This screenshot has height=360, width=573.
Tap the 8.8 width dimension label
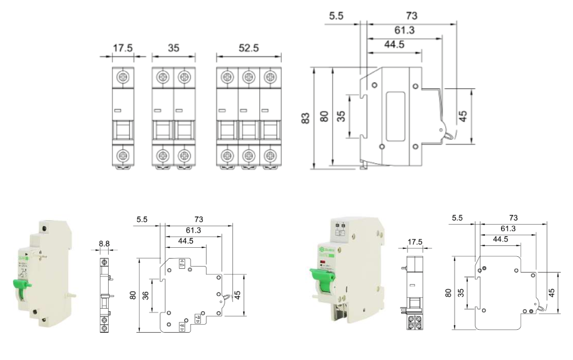(x=105, y=244)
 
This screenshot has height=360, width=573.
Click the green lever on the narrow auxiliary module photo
(x=23, y=285)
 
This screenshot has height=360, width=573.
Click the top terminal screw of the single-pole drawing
(x=123, y=77)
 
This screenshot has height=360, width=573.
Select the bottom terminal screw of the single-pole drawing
(x=123, y=155)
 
